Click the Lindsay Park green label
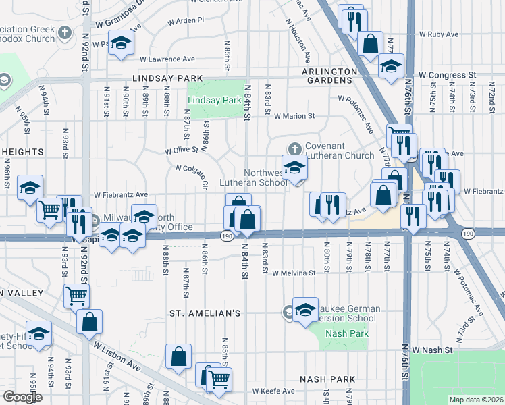(214, 101)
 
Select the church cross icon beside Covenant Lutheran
(294, 148)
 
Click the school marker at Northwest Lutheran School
(294, 169)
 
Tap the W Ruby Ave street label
(439, 34)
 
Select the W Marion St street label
(294, 116)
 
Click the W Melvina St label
(294, 273)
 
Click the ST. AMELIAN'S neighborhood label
(205, 313)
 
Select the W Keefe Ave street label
(273, 391)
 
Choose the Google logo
(22, 397)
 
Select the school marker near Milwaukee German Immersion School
(305, 308)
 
